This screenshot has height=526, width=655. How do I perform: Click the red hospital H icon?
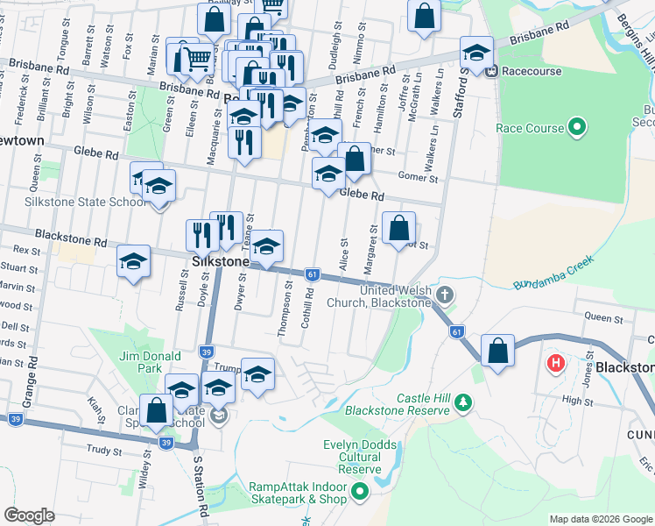(x=554, y=361)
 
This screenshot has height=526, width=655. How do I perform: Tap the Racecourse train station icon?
(x=492, y=71)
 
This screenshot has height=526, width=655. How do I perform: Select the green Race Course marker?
(x=576, y=128)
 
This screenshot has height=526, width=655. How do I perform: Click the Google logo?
(x=29, y=515)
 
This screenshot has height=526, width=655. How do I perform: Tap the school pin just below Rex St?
(x=134, y=261)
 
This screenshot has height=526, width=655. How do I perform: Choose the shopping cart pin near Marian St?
(x=196, y=58)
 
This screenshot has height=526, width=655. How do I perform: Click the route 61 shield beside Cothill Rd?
(x=312, y=274)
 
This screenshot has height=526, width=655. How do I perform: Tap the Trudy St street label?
(x=104, y=451)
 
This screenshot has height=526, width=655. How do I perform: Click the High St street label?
(x=578, y=401)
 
